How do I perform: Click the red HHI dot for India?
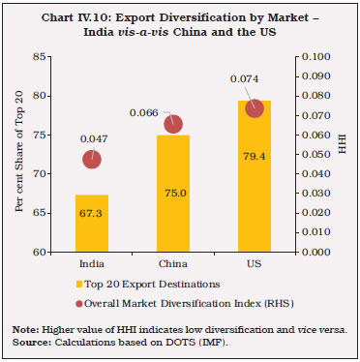(x=91, y=159)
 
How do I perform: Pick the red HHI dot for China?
(x=173, y=123)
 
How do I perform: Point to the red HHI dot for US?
(x=255, y=108)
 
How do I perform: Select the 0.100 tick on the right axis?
(x=313, y=57)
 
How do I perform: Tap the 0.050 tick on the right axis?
(x=313, y=155)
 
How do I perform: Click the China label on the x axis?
(x=172, y=263)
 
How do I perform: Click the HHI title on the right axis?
(x=341, y=155)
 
